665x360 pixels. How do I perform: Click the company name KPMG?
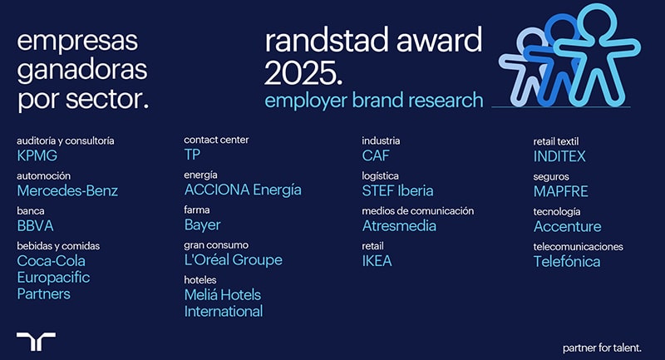(x=37, y=155)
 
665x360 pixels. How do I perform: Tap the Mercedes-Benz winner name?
(x=67, y=191)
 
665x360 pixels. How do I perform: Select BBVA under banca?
(x=35, y=226)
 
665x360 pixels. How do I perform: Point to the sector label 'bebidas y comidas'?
(x=58, y=246)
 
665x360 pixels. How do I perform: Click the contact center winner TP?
(x=192, y=155)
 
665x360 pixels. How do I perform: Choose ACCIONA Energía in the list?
(x=243, y=190)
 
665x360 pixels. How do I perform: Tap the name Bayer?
(x=202, y=225)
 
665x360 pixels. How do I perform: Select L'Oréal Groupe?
(x=234, y=260)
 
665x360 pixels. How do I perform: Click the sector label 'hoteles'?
(x=200, y=280)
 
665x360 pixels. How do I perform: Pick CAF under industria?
(x=376, y=155)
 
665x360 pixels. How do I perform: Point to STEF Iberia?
(x=398, y=191)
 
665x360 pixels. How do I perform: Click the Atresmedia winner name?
(x=399, y=226)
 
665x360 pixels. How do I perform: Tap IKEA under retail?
(x=377, y=261)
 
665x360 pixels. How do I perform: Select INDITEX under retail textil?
(x=559, y=156)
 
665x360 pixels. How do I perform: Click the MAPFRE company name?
(x=560, y=192)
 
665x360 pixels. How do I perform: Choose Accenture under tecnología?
(x=568, y=227)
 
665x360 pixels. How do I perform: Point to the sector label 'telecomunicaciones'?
(x=578, y=247)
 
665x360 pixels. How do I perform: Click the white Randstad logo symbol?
(x=36, y=341)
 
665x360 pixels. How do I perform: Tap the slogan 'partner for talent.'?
(x=602, y=348)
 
